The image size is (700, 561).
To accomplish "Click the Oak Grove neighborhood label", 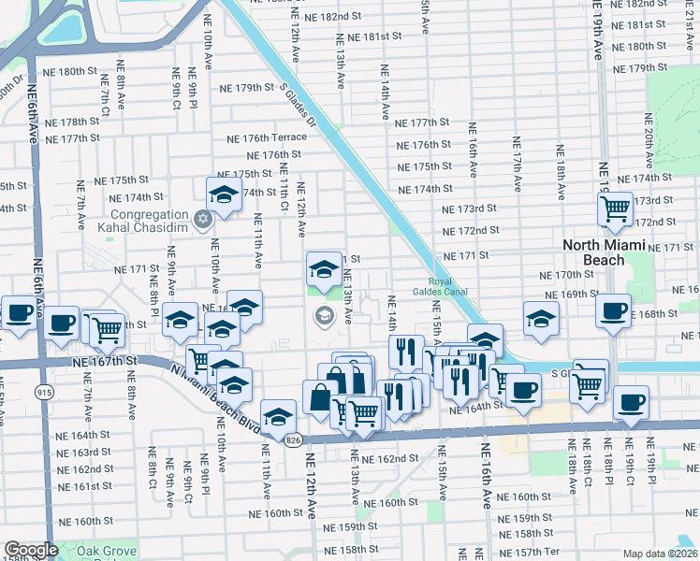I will point(102,552).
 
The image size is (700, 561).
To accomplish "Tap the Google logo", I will point(31,550).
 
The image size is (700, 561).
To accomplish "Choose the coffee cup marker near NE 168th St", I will point(614,310).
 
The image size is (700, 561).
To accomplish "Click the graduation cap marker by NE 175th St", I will point(224,194).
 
